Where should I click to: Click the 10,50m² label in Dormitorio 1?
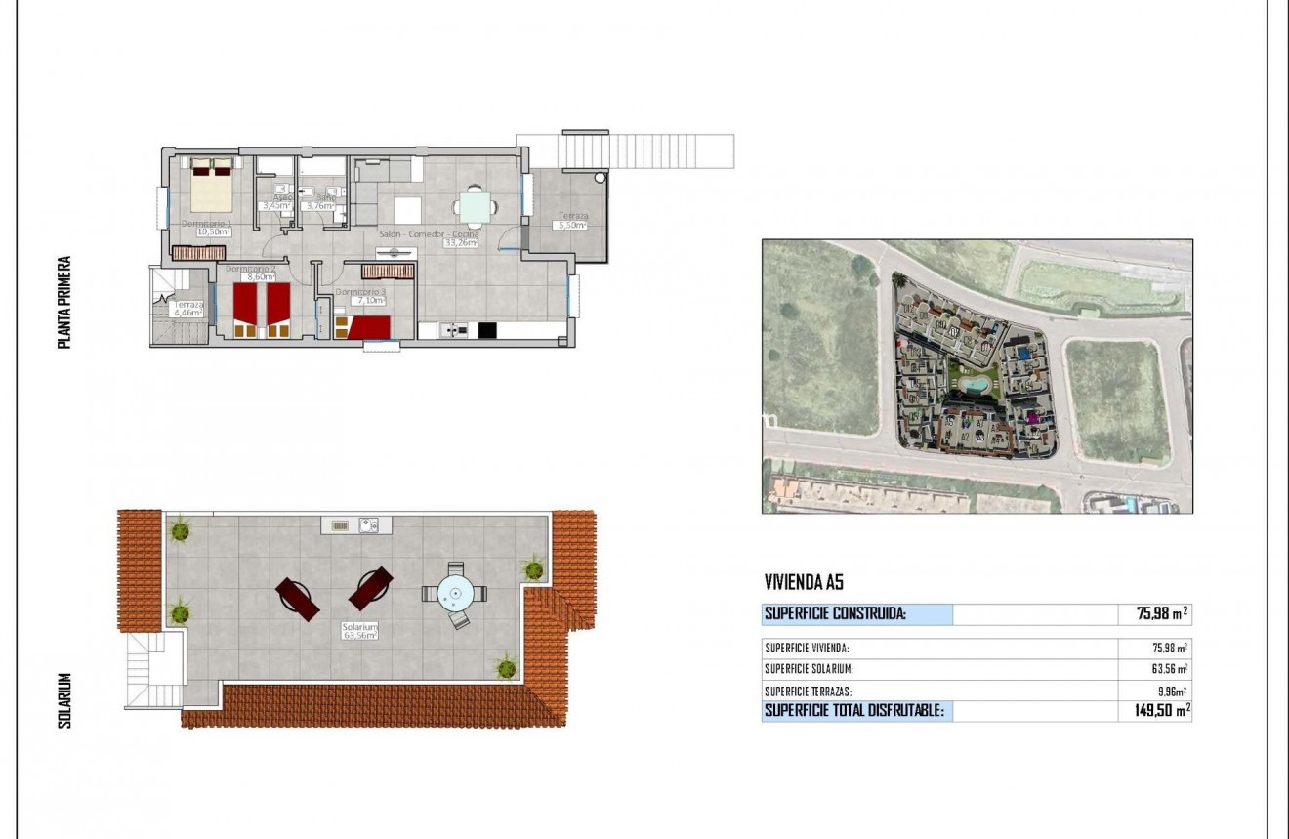[x=214, y=232]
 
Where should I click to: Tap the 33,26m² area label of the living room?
[x=461, y=243]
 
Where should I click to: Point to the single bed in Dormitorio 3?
[x=369, y=327]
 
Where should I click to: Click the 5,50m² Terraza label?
[x=570, y=226]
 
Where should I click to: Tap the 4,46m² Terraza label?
[x=188, y=315]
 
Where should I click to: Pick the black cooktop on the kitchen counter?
[x=486, y=330]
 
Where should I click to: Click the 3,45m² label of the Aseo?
[x=274, y=206]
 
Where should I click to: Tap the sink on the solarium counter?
[x=369, y=525]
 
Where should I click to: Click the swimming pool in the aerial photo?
[x=972, y=385]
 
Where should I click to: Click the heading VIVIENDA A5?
[x=803, y=583]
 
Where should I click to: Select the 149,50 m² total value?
[x=1156, y=711]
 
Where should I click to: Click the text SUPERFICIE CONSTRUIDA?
[x=835, y=614]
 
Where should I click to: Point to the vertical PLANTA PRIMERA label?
[x=64, y=303]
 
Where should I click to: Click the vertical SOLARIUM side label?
[x=65, y=699]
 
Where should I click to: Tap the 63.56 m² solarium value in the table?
[x=1170, y=670]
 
